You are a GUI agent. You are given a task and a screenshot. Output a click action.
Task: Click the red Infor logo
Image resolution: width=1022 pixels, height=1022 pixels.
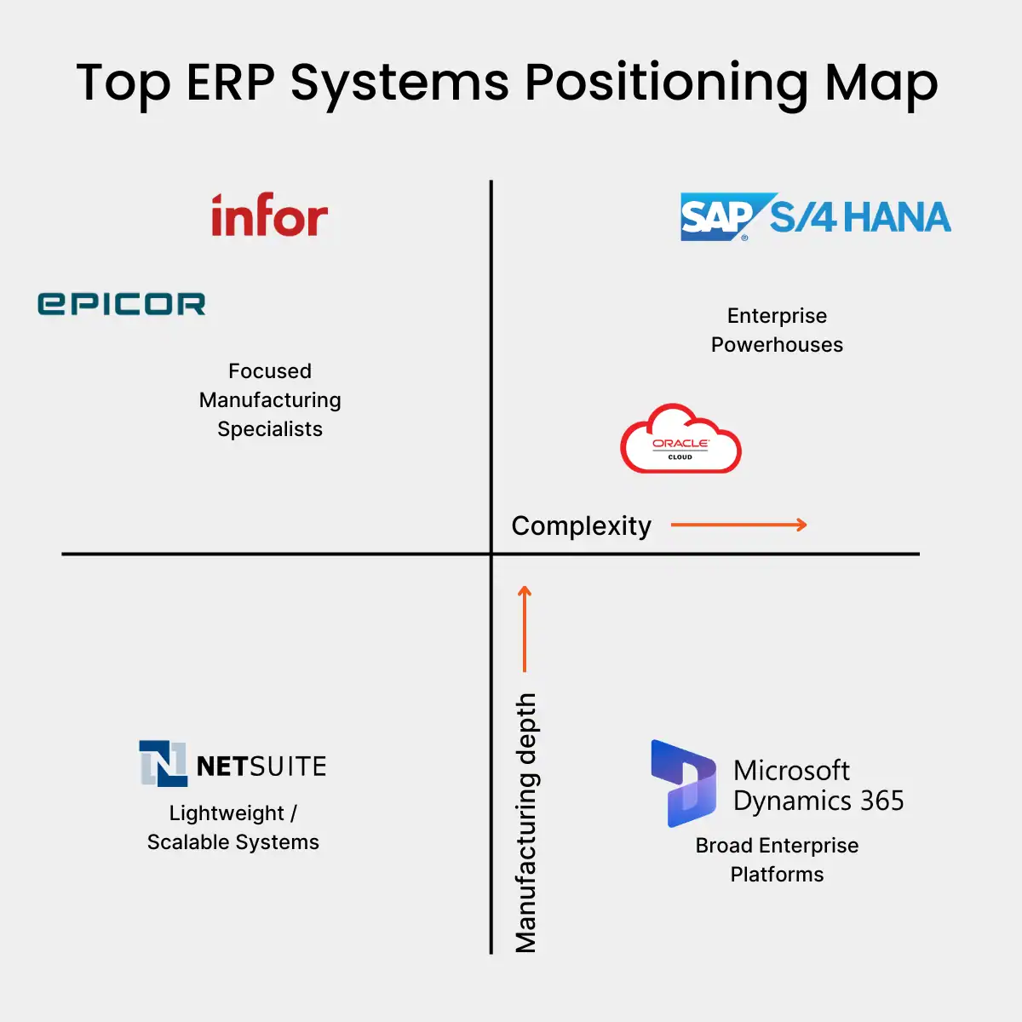click(269, 215)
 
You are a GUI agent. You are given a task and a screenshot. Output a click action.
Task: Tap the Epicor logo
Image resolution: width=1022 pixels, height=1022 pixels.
click(122, 304)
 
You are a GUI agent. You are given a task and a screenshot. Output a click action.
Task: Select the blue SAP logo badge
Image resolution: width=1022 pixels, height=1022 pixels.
click(718, 217)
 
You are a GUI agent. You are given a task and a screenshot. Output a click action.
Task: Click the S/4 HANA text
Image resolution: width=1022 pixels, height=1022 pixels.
click(860, 217)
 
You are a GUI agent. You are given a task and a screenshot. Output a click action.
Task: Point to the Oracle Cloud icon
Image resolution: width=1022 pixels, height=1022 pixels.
click(680, 439)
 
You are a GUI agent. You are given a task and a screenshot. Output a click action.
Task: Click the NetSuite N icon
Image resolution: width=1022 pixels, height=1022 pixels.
click(163, 763)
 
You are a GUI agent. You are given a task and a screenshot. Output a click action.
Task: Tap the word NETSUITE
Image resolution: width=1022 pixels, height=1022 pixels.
click(261, 766)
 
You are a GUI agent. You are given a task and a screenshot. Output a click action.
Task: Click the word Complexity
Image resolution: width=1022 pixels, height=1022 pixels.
click(581, 525)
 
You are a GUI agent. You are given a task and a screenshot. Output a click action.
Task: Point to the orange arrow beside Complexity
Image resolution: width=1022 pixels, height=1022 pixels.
click(738, 525)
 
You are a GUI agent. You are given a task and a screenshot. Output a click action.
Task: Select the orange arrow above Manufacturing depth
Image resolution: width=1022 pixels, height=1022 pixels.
click(525, 629)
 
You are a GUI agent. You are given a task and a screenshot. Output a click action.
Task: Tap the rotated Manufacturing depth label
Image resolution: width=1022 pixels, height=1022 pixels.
click(526, 823)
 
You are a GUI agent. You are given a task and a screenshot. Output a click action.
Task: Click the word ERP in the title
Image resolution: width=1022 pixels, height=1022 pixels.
click(230, 83)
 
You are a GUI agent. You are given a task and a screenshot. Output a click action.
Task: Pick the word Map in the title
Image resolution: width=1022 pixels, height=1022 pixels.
click(881, 83)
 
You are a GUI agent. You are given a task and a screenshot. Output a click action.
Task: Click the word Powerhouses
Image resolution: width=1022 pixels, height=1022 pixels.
click(777, 345)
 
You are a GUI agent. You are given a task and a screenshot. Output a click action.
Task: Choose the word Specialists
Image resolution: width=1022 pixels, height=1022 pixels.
click(270, 429)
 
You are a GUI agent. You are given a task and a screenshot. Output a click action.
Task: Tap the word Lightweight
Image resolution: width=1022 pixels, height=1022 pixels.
click(227, 813)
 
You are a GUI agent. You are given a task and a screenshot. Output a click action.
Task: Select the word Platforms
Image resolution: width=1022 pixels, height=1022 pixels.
click(777, 875)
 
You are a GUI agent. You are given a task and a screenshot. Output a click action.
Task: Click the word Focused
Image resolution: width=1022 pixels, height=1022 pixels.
click(270, 371)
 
